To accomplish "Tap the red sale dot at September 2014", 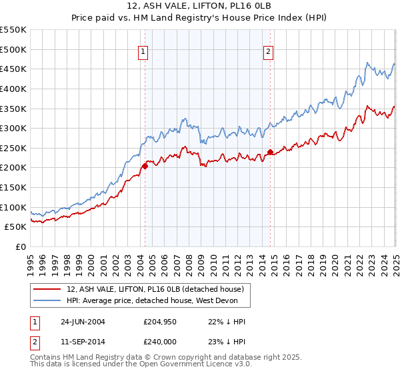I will point(270,152).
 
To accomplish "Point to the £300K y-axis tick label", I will point(13,128).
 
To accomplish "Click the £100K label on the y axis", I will point(13,207).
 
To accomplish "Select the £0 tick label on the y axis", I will point(20,246).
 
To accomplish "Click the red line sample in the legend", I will point(47,289).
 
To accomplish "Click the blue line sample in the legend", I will point(47,300).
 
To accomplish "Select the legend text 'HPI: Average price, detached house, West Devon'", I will point(157,300).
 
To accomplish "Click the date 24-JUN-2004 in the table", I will point(83,321).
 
